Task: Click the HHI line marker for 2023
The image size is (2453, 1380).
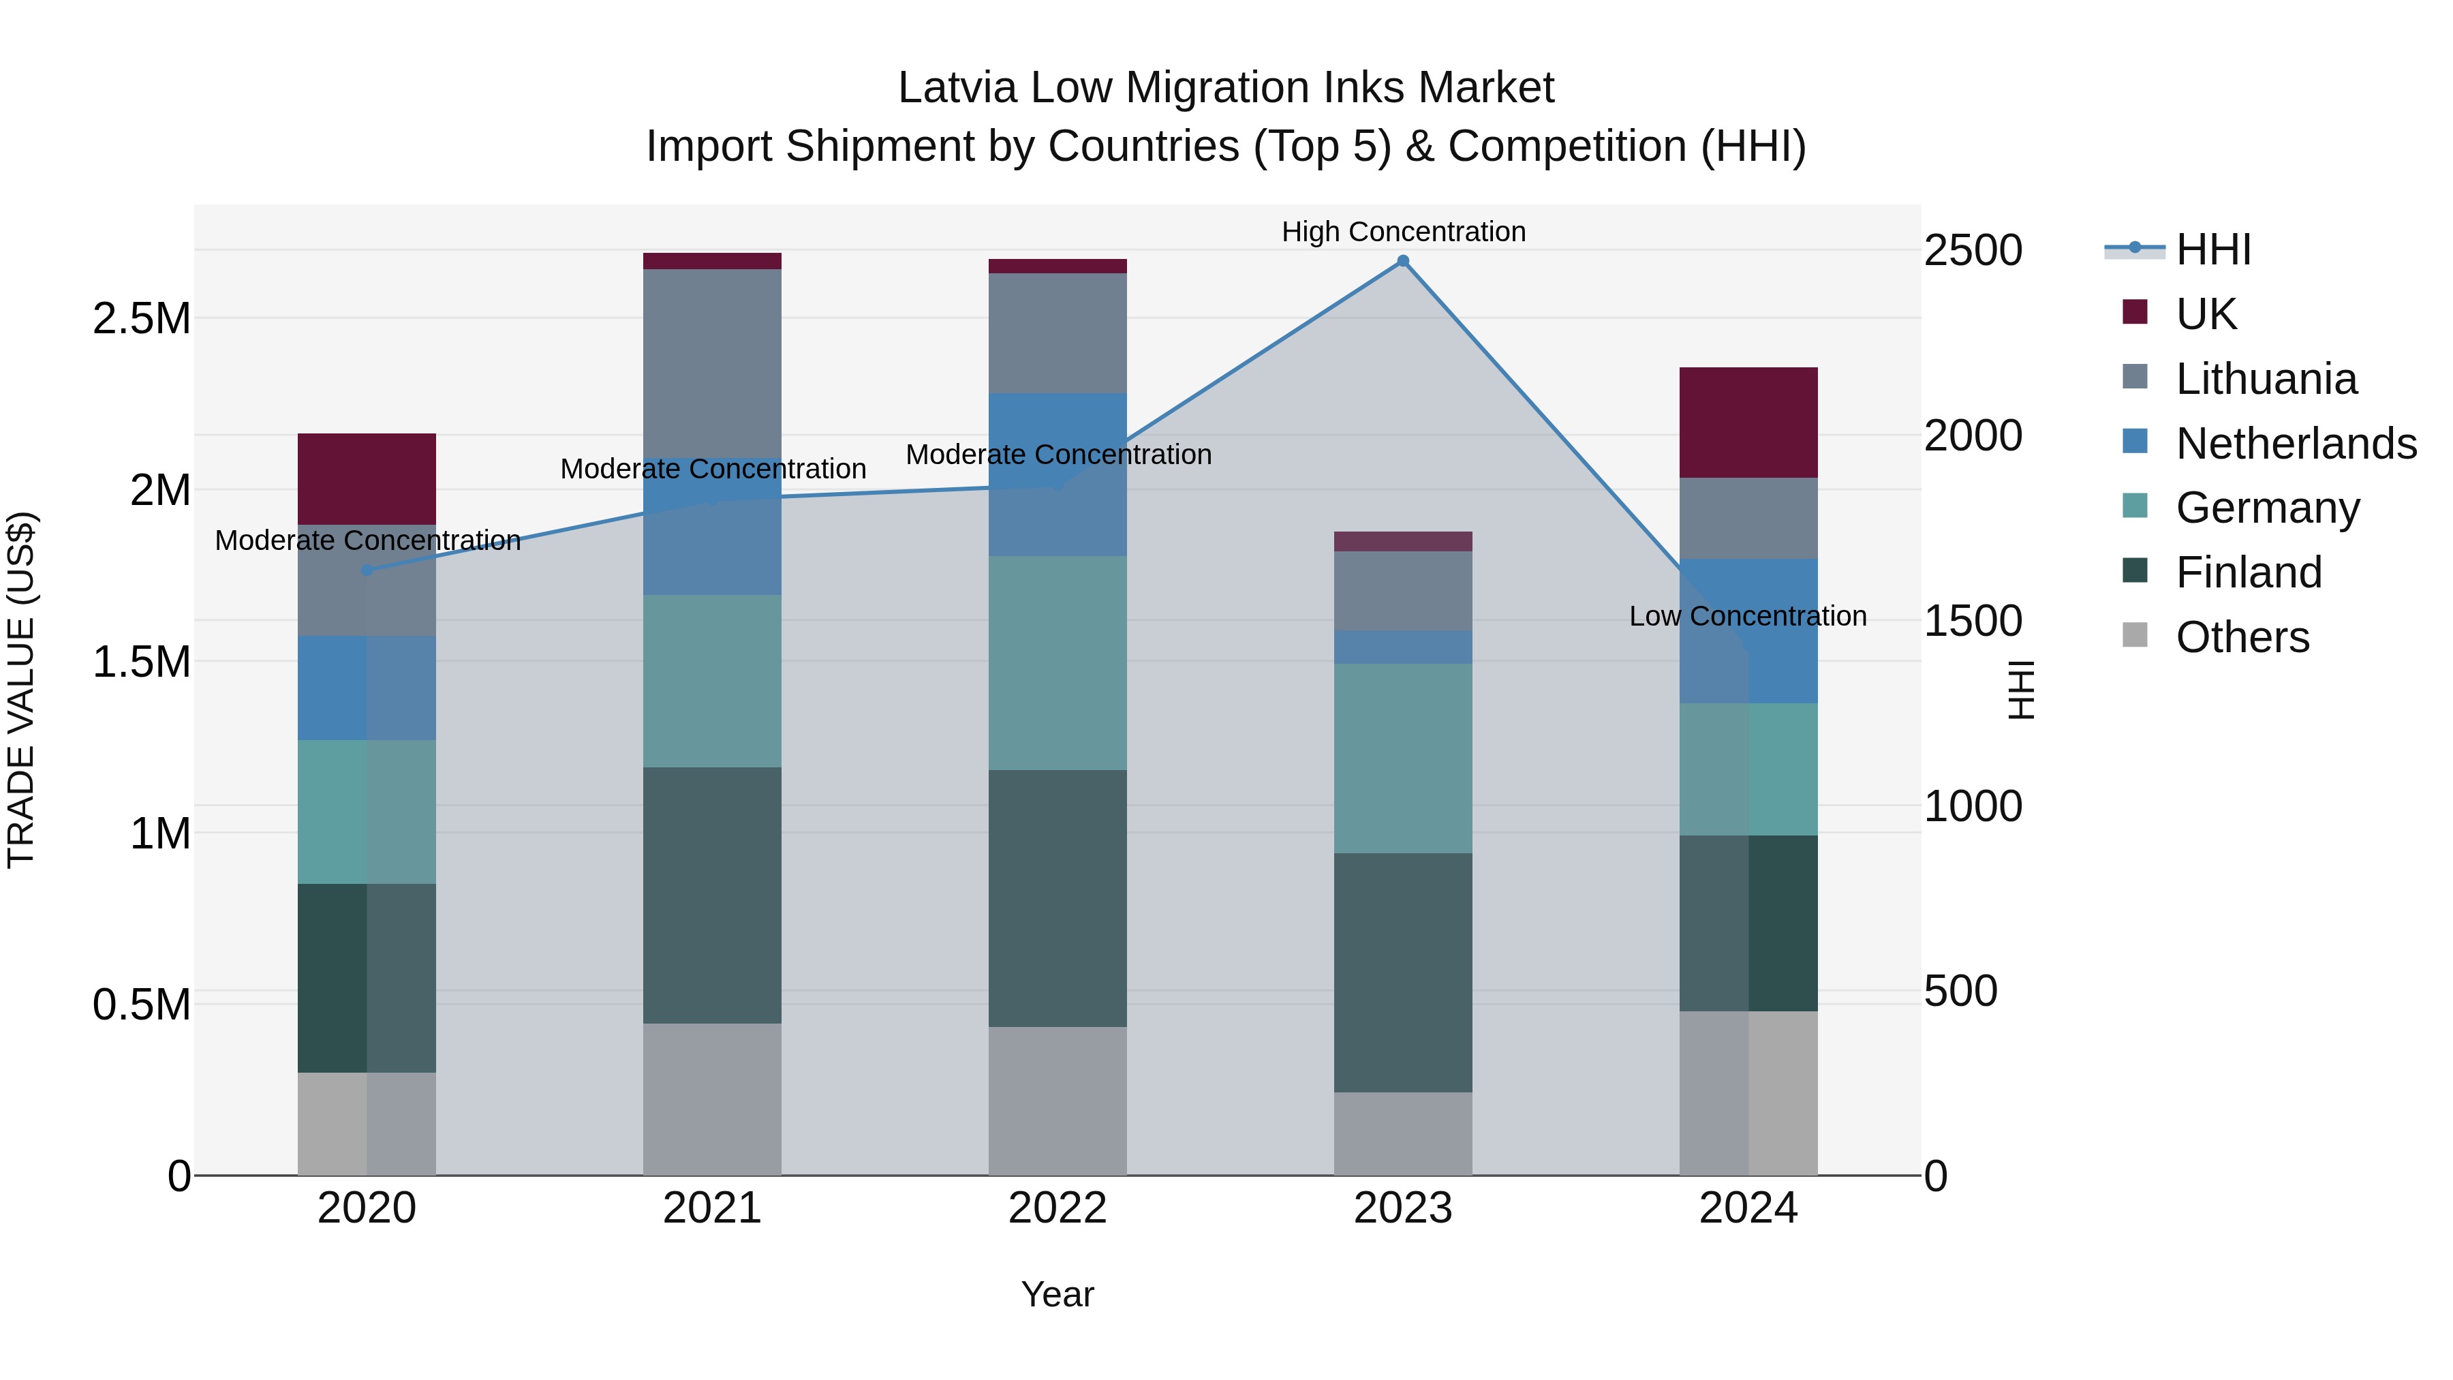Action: coord(1403,261)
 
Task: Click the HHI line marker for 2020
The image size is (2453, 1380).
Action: coord(367,570)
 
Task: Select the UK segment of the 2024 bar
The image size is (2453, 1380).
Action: coord(1748,422)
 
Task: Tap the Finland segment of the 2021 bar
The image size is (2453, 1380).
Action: coord(712,895)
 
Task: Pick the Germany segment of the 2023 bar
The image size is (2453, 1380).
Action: coord(1403,758)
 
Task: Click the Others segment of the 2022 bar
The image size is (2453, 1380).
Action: coord(1057,1101)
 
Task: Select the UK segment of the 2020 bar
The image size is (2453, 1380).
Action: coord(367,479)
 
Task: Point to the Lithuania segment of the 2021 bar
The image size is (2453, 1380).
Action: coord(712,362)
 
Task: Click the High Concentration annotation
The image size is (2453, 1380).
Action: coord(1403,232)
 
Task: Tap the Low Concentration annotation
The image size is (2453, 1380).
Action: coord(1747,616)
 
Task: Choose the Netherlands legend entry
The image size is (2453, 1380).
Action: coord(2295,444)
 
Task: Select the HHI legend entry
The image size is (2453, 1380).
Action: coord(2212,249)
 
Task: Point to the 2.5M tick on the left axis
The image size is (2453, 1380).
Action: coord(142,318)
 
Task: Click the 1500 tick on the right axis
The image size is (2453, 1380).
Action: coord(1972,621)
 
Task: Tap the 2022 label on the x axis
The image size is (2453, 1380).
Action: coord(1057,1208)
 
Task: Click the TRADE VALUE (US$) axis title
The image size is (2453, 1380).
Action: coord(21,690)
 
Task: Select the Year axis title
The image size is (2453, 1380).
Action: coord(1057,1294)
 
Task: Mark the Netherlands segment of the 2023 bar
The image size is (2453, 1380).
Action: coord(1403,647)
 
